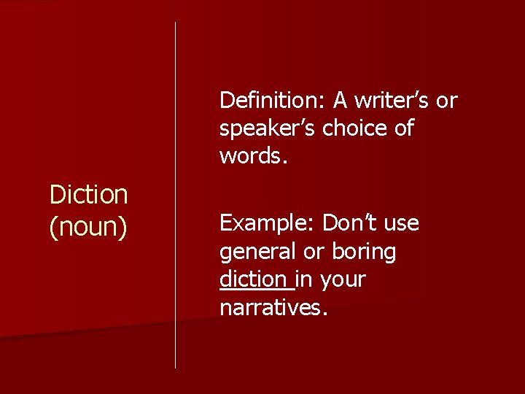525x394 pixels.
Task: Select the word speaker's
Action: [x=268, y=128]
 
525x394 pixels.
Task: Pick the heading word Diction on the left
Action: [x=88, y=195]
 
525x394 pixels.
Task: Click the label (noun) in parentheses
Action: [x=88, y=227]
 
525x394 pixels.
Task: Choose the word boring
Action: [x=364, y=252]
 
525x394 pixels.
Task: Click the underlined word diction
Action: [x=253, y=279]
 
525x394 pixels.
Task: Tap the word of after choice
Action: [x=402, y=128]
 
